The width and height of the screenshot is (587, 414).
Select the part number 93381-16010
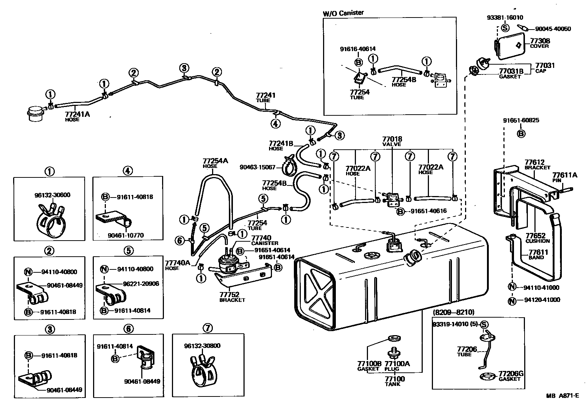505,17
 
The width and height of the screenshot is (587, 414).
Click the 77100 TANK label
395,381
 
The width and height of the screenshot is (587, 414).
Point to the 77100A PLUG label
397,366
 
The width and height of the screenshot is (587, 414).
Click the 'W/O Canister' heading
343,13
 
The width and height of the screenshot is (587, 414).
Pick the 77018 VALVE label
392,141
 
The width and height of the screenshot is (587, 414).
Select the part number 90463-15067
258,167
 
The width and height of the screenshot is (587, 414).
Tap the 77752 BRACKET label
232,298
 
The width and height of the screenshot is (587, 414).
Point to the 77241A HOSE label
77,116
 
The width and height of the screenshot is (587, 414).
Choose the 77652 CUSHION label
537,238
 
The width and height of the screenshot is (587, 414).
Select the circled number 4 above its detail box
128,170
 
